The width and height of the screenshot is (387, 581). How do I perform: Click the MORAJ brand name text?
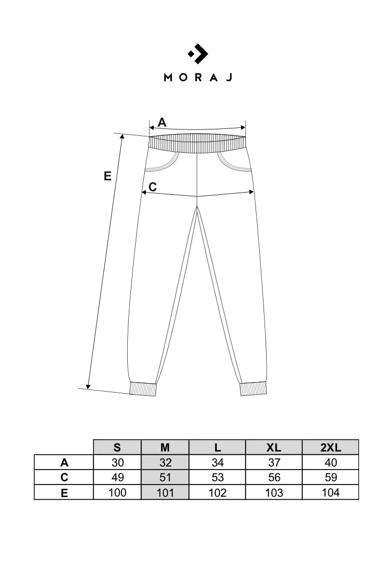pyautogui.click(x=198, y=77)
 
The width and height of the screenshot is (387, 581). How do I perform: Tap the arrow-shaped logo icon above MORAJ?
pyautogui.click(x=198, y=54)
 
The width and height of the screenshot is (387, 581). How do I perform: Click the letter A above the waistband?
pyautogui.click(x=162, y=122)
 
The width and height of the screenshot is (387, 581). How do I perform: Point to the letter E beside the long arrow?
pyautogui.click(x=108, y=176)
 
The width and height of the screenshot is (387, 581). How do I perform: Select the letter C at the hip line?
pyautogui.click(x=152, y=187)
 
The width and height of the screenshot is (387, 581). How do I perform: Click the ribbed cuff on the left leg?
pyautogui.click(x=143, y=389)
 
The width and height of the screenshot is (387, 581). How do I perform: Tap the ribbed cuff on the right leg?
pyautogui.click(x=253, y=388)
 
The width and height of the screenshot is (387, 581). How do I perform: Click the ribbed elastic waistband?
pyautogui.click(x=198, y=143)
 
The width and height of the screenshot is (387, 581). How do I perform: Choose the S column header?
pyautogui.click(x=117, y=447)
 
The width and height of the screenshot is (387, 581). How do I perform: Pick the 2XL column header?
pyautogui.click(x=331, y=447)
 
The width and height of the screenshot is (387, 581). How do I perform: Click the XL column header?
pyautogui.click(x=274, y=447)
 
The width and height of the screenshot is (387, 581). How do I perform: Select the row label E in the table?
pyautogui.click(x=64, y=493)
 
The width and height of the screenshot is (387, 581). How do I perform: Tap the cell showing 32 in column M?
pyautogui.click(x=165, y=463)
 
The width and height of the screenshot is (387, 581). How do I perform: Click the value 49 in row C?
pyautogui.click(x=117, y=477)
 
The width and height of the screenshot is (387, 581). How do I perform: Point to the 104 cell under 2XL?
pyautogui.click(x=331, y=492)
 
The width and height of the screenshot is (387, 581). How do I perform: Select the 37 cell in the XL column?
pyautogui.click(x=274, y=463)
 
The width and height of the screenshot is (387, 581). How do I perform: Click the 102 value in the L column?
pyautogui.click(x=217, y=492)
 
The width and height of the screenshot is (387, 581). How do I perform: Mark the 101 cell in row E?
pyautogui.click(x=165, y=492)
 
